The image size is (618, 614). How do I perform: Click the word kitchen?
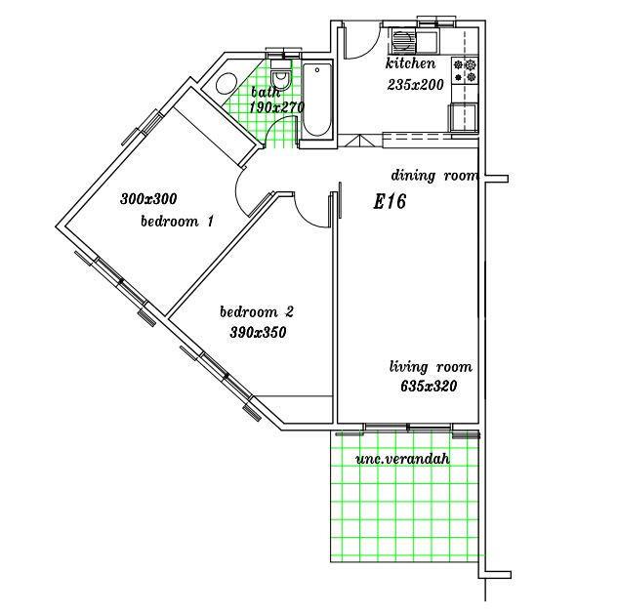[x=410, y=63]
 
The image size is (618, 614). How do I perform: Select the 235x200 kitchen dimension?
[x=415, y=85]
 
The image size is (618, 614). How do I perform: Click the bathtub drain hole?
[x=317, y=70]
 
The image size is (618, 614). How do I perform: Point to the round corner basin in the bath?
[x=226, y=84]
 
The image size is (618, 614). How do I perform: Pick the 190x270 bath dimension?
[x=276, y=107]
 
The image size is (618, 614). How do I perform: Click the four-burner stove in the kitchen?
[x=465, y=70]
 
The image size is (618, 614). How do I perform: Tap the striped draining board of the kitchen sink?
[x=401, y=41]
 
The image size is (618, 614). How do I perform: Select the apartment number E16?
[x=390, y=202]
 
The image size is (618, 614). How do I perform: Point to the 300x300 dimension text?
[x=148, y=198]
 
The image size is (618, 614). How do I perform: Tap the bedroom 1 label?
[x=178, y=221]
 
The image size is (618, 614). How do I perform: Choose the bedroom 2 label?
[x=257, y=312]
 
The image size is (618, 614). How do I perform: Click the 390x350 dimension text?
[x=258, y=332]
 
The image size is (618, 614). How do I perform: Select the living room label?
[x=431, y=367]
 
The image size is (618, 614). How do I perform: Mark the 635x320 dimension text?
[x=429, y=386]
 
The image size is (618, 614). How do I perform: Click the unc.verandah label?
[x=402, y=459]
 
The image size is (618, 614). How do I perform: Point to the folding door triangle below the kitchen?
[x=360, y=142]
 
